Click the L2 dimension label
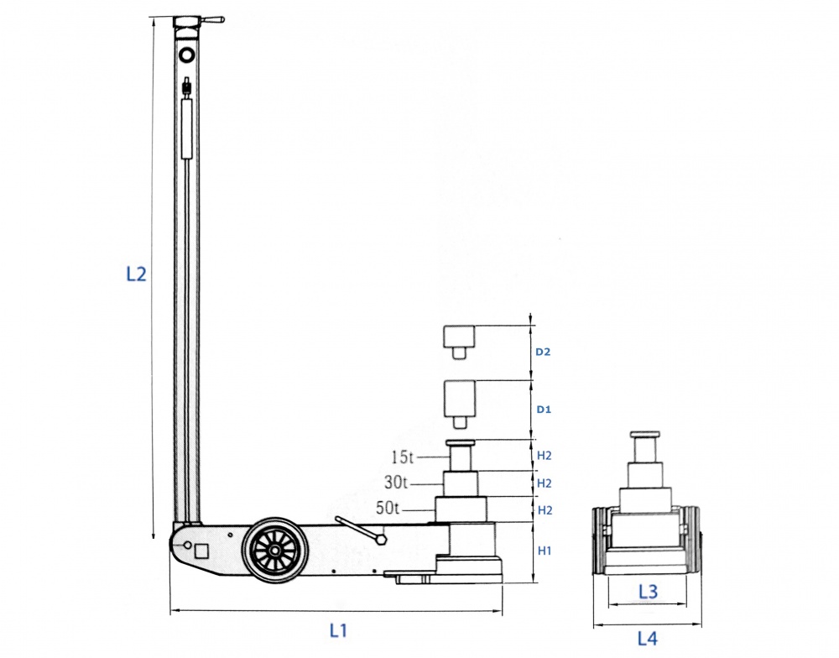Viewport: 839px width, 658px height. (x=136, y=274)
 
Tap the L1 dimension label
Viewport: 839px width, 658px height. (x=338, y=630)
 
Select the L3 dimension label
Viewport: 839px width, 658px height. (x=648, y=591)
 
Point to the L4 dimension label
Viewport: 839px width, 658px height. (x=648, y=638)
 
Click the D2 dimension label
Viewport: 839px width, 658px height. (x=543, y=352)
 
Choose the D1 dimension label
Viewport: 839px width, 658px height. (x=544, y=410)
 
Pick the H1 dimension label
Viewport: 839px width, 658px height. (x=545, y=551)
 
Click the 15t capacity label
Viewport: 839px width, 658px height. (x=403, y=457)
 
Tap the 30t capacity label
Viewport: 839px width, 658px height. (x=396, y=483)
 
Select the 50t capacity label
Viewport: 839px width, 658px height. (x=388, y=508)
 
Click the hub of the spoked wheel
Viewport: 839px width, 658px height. (x=274, y=551)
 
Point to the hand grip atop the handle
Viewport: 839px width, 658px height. (x=213, y=20)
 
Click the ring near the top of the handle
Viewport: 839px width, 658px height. (x=187, y=55)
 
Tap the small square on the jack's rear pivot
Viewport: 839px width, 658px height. (x=202, y=551)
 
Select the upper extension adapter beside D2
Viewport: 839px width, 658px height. (x=459, y=342)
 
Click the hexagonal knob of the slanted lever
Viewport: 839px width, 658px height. (x=381, y=539)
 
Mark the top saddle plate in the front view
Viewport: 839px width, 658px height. (x=644, y=434)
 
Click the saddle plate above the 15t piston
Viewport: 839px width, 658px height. (x=461, y=443)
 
